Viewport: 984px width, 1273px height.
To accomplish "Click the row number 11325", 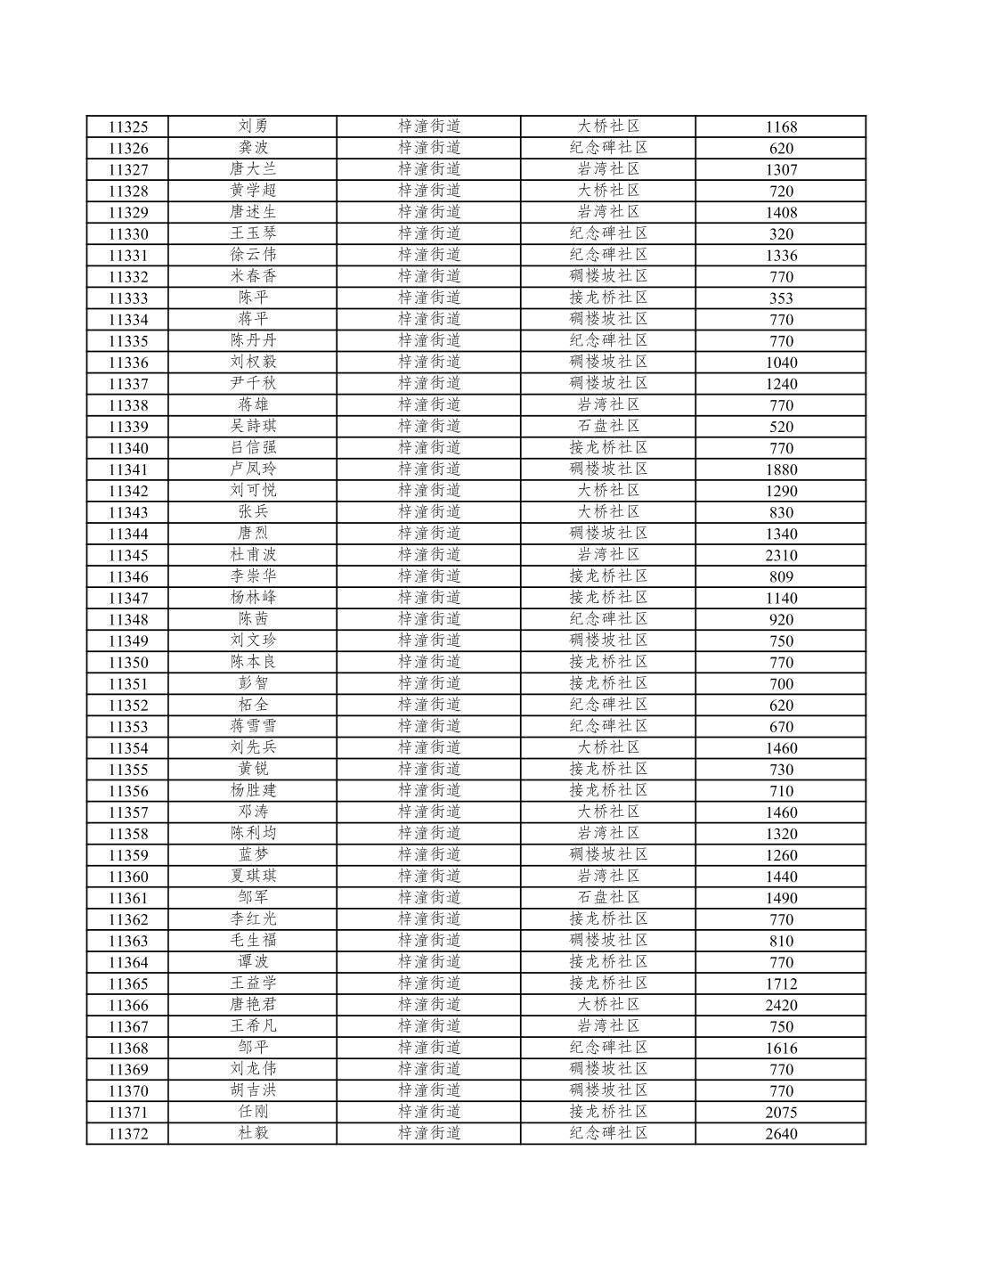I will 128,126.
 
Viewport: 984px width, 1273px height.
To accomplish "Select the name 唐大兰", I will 253,169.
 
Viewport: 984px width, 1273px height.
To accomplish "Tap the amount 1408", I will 781,212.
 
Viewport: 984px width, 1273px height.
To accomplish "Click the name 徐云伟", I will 253,255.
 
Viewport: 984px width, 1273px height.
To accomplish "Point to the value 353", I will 781,298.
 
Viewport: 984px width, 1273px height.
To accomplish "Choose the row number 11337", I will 128,384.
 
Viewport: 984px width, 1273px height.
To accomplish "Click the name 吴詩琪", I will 253,427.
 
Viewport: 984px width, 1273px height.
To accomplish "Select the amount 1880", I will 781,469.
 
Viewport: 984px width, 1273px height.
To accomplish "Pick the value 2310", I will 781,555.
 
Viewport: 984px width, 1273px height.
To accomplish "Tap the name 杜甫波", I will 253,555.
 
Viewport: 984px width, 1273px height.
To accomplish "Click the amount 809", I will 781,576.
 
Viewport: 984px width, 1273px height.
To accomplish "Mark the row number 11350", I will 128,662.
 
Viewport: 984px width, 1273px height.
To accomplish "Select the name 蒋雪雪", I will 253,726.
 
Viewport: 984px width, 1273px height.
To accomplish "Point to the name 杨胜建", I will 253,790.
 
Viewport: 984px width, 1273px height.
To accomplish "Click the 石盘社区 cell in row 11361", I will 608,897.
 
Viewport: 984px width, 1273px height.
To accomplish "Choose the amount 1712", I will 781,983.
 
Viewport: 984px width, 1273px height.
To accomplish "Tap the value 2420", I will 781,1005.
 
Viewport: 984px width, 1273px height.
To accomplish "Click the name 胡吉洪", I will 253,1090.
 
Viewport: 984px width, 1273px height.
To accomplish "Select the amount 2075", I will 781,1112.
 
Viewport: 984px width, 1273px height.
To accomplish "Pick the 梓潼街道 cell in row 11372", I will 429,1133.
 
